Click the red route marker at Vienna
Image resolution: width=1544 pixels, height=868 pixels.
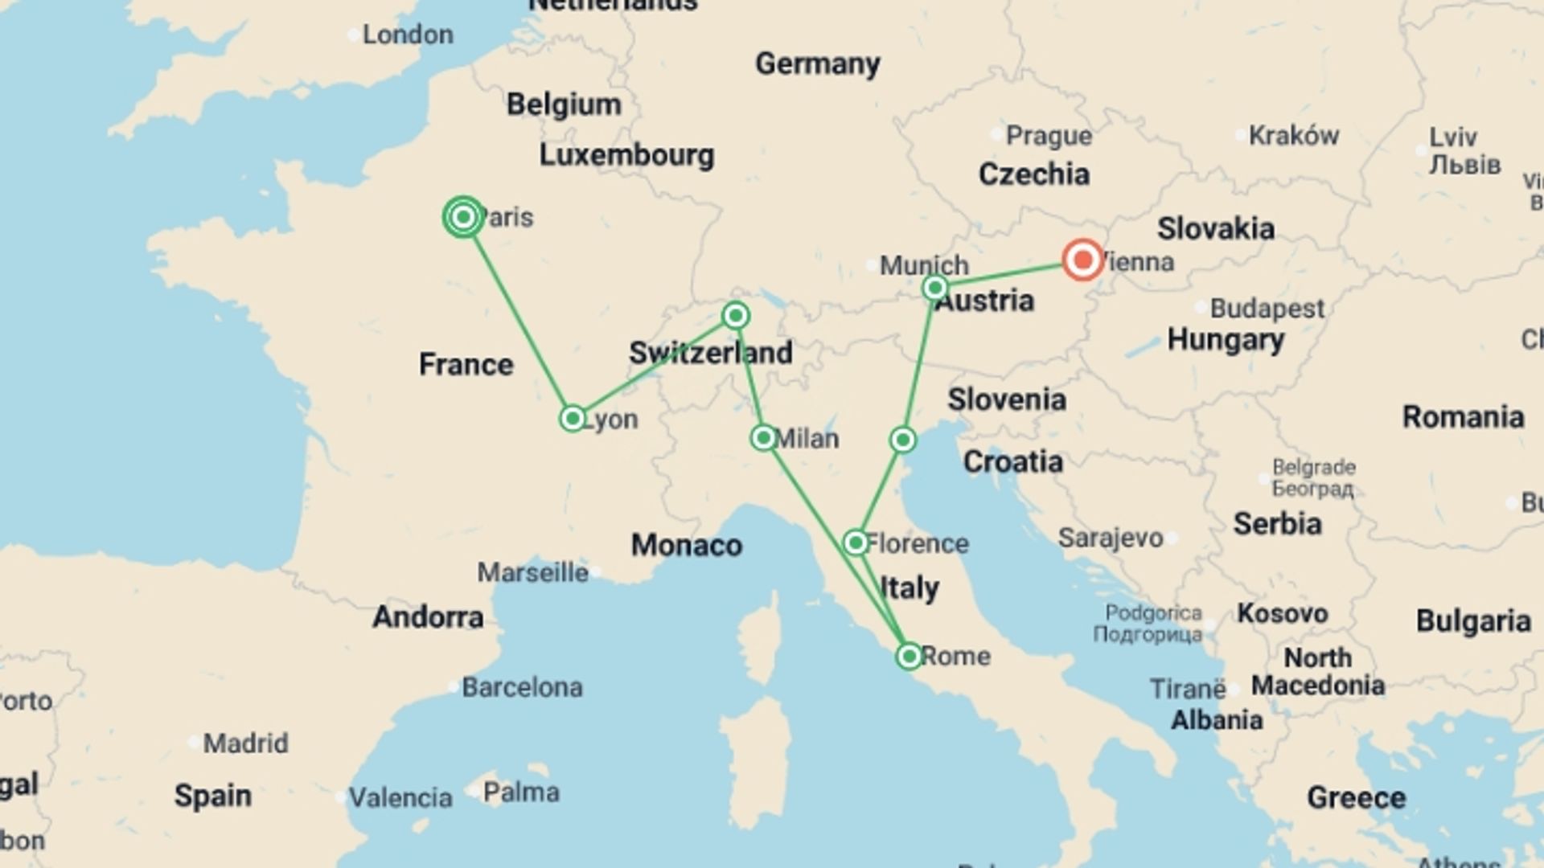(1082, 260)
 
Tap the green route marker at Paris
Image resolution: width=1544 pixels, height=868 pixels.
(463, 217)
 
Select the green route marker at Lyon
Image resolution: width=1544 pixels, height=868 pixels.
(573, 419)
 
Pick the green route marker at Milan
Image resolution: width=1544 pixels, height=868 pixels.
(763, 438)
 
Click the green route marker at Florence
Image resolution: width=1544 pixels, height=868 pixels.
(856, 543)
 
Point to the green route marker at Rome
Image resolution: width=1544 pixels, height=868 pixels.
(909, 657)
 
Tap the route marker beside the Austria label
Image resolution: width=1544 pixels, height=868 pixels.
(934, 288)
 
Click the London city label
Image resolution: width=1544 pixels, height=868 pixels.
(408, 35)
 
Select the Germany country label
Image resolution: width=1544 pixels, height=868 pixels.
(817, 63)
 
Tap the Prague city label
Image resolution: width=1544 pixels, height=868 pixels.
(1049, 136)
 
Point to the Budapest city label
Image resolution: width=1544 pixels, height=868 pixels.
(1267, 308)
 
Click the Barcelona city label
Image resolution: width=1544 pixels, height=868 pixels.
(522, 688)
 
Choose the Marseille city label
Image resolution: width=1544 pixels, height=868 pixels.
(532, 573)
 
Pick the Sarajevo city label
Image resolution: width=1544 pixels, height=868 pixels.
(1110, 538)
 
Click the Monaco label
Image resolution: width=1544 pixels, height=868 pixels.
(686, 545)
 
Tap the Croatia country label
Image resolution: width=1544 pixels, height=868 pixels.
(1012, 461)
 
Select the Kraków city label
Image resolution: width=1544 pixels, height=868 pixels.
(1293, 136)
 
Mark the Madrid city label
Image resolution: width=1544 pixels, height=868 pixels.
(245, 743)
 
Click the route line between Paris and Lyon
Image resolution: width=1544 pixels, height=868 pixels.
(518, 318)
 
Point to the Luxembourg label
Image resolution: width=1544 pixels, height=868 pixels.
(626, 155)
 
